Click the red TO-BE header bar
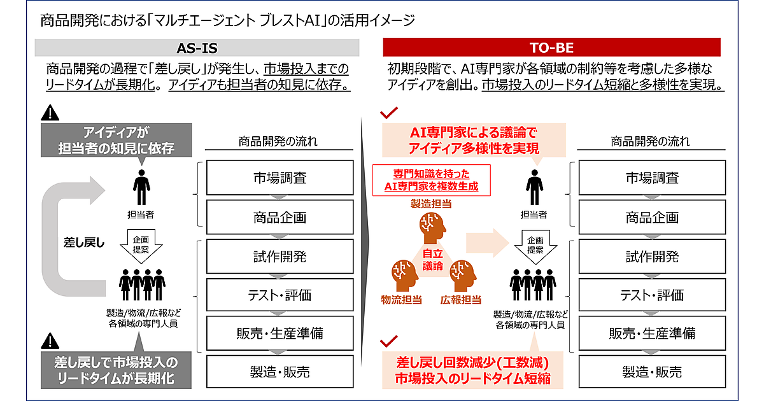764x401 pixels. (551, 48)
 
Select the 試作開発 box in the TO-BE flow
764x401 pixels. (652, 257)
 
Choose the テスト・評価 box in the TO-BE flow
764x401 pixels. (652, 295)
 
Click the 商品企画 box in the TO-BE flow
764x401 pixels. (652, 218)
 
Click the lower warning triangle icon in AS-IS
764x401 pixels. (49, 339)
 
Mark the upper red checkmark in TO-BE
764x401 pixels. (388, 114)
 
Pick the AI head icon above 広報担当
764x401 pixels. (461, 274)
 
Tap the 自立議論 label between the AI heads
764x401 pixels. (432, 260)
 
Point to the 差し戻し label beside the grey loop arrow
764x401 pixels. (83, 242)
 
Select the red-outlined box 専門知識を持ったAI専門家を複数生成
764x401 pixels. (431, 180)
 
